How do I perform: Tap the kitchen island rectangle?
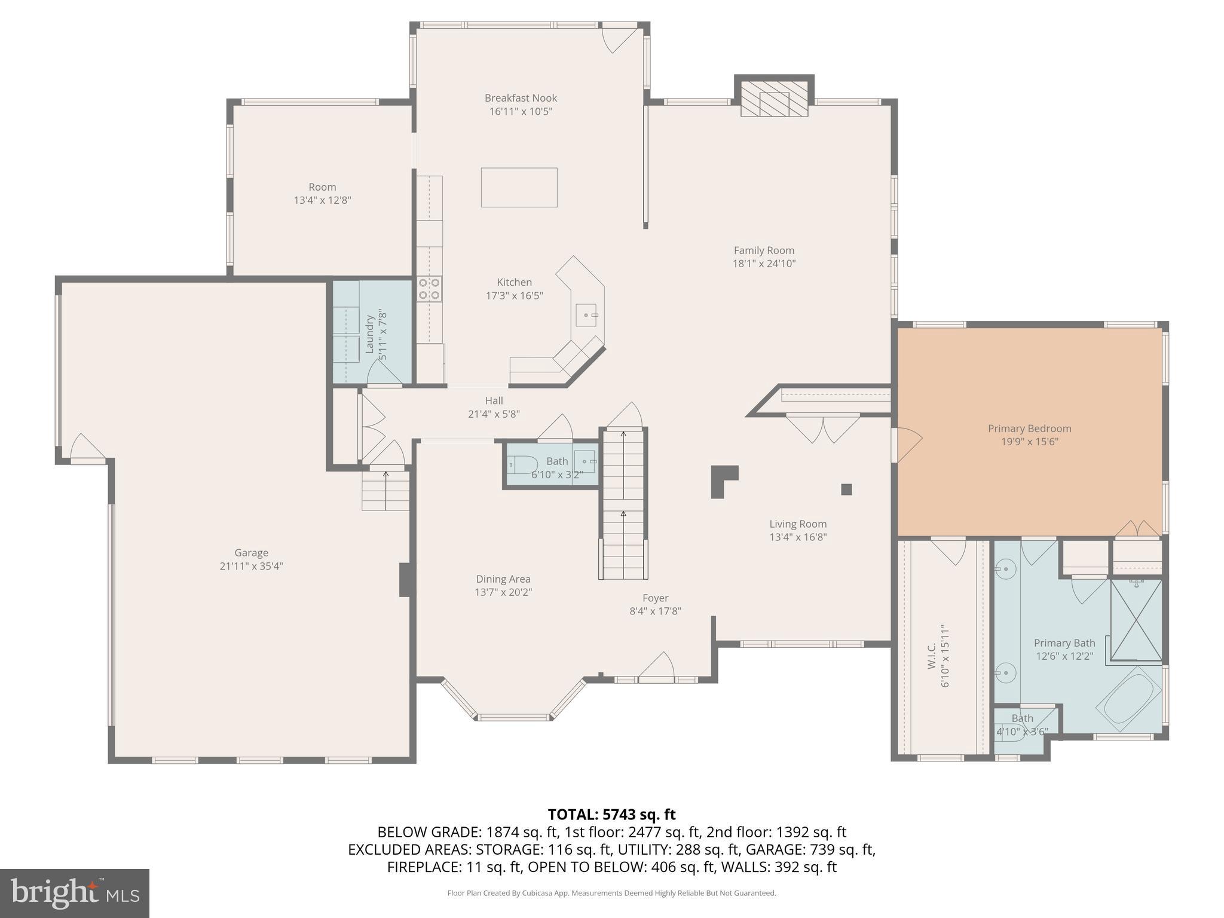519,188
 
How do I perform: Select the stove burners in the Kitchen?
429,288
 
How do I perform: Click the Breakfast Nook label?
521,98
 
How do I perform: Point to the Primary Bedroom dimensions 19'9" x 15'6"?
1029,442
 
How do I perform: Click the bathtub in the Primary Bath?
1128,699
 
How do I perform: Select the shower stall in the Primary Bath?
1136,620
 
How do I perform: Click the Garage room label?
251,553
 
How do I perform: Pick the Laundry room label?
369,335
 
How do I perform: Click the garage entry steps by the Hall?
385,491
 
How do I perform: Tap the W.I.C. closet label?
932,656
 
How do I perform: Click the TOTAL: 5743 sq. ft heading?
611,814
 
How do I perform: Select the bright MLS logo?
75,893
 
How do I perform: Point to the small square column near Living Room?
846,489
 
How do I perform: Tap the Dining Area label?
503,579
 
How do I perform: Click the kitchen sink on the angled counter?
586,314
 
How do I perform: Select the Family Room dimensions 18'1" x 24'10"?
764,264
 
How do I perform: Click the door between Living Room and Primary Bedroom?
907,445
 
